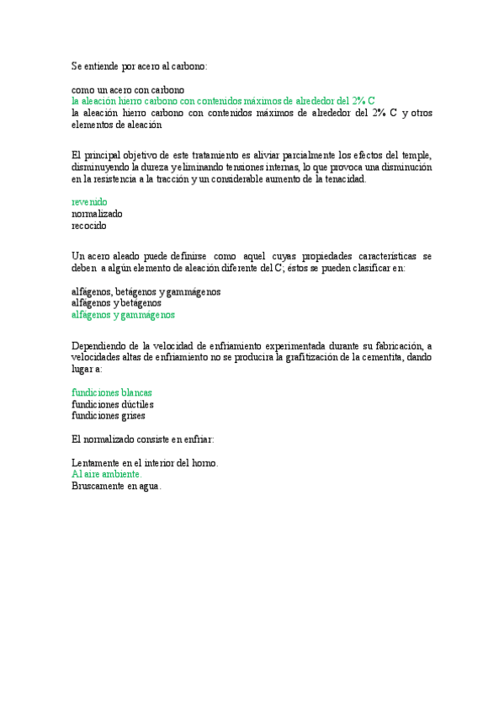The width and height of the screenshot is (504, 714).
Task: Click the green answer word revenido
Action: (89, 202)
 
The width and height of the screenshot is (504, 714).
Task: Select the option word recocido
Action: (89, 226)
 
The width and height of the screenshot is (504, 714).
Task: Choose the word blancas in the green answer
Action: (135, 392)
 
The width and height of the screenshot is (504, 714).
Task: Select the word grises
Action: (131, 415)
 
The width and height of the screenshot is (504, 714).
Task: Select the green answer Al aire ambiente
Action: (106, 474)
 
